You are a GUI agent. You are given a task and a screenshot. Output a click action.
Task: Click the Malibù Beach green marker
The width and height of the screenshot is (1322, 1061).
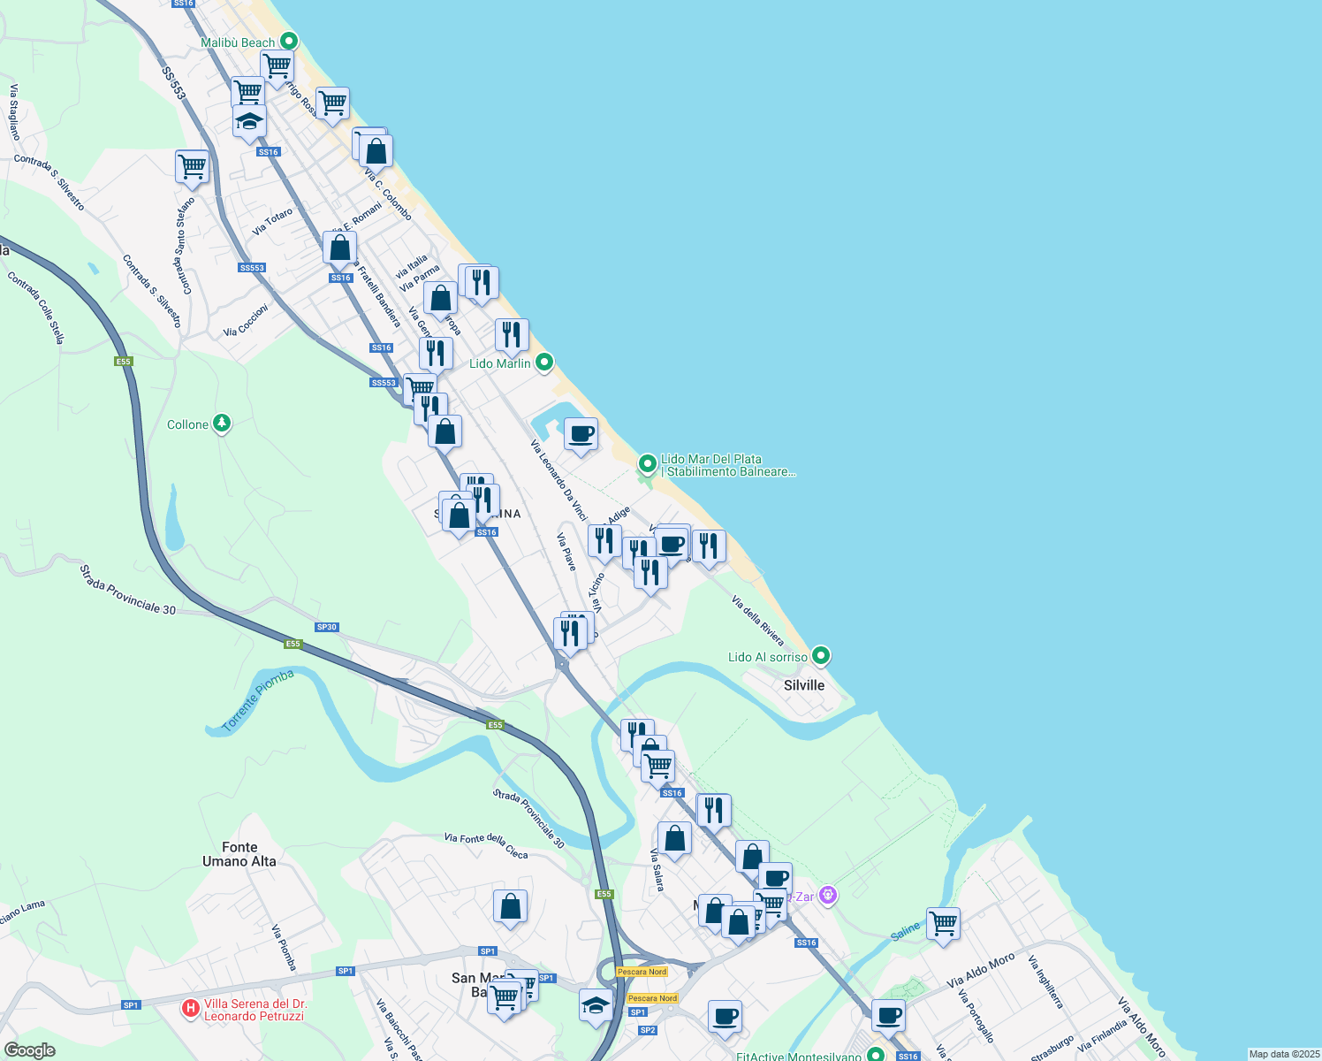pyautogui.click(x=288, y=41)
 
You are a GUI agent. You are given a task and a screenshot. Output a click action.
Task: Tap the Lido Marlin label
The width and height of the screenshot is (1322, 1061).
pyautogui.click(x=500, y=363)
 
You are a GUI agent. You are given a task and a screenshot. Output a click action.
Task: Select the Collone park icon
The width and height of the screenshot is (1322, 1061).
pyautogui.click(x=222, y=424)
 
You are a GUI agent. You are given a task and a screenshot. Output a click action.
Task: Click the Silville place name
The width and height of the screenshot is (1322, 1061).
pyautogui.click(x=804, y=685)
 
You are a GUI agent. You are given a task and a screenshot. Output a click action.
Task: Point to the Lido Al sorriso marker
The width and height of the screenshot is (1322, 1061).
pyautogui.click(x=821, y=656)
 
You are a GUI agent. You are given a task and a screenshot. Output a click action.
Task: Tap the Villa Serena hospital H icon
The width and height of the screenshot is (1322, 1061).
pyautogui.click(x=190, y=1008)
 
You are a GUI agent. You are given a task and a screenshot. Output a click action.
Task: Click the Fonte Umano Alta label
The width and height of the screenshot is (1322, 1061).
pyautogui.click(x=239, y=854)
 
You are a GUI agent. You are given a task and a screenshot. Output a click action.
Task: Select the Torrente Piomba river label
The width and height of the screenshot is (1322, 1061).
pyautogui.click(x=257, y=700)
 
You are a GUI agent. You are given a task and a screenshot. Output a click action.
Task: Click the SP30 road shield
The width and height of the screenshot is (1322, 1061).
pyautogui.click(x=327, y=627)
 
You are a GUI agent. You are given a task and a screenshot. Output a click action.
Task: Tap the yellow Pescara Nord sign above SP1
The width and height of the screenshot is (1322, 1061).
pyautogui.click(x=642, y=972)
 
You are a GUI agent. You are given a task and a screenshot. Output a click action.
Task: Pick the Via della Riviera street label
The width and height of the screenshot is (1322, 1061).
pyautogui.click(x=758, y=620)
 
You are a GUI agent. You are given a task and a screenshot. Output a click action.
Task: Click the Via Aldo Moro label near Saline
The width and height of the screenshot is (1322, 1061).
pyautogui.click(x=981, y=971)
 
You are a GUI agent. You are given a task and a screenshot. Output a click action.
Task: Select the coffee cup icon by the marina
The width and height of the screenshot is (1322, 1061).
pyautogui.click(x=581, y=434)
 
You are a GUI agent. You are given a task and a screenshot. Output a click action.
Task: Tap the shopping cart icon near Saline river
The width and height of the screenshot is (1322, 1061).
pyautogui.click(x=943, y=923)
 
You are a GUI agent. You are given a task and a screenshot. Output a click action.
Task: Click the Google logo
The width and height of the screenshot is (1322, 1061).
pyautogui.click(x=30, y=1050)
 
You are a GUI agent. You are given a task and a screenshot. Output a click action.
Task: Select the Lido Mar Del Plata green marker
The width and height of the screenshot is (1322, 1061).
pyautogui.click(x=648, y=463)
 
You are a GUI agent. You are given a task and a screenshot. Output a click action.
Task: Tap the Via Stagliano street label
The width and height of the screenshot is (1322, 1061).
pyautogui.click(x=15, y=112)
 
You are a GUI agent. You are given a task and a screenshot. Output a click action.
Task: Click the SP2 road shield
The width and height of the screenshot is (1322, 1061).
pyautogui.click(x=648, y=1030)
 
